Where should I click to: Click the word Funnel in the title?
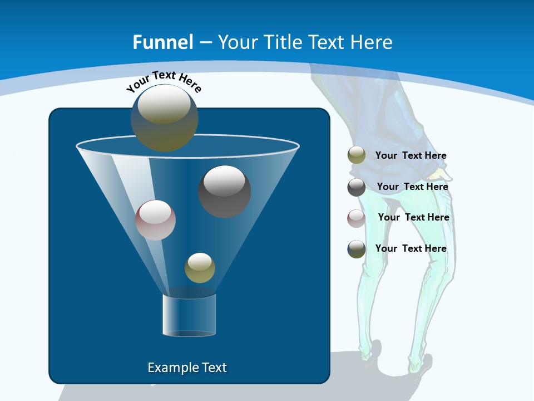[x=163, y=42]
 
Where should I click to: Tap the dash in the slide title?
[x=205, y=43]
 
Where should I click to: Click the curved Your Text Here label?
[x=164, y=81]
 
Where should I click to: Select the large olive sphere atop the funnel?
[x=164, y=118]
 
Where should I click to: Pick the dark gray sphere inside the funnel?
[x=224, y=191]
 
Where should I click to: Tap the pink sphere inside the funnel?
[x=155, y=220]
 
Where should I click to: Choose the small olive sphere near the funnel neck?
[x=200, y=267]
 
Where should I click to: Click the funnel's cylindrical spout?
[x=189, y=315]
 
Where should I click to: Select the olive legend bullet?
[x=356, y=155]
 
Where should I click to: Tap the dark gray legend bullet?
[x=356, y=187]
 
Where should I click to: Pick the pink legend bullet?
[x=356, y=218]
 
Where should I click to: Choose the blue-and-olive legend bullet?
[x=356, y=248]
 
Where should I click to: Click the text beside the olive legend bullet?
[x=411, y=156]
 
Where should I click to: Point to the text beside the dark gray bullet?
[x=412, y=187]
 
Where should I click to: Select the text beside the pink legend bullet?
[x=413, y=218]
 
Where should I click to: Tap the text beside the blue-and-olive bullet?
[x=411, y=248]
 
